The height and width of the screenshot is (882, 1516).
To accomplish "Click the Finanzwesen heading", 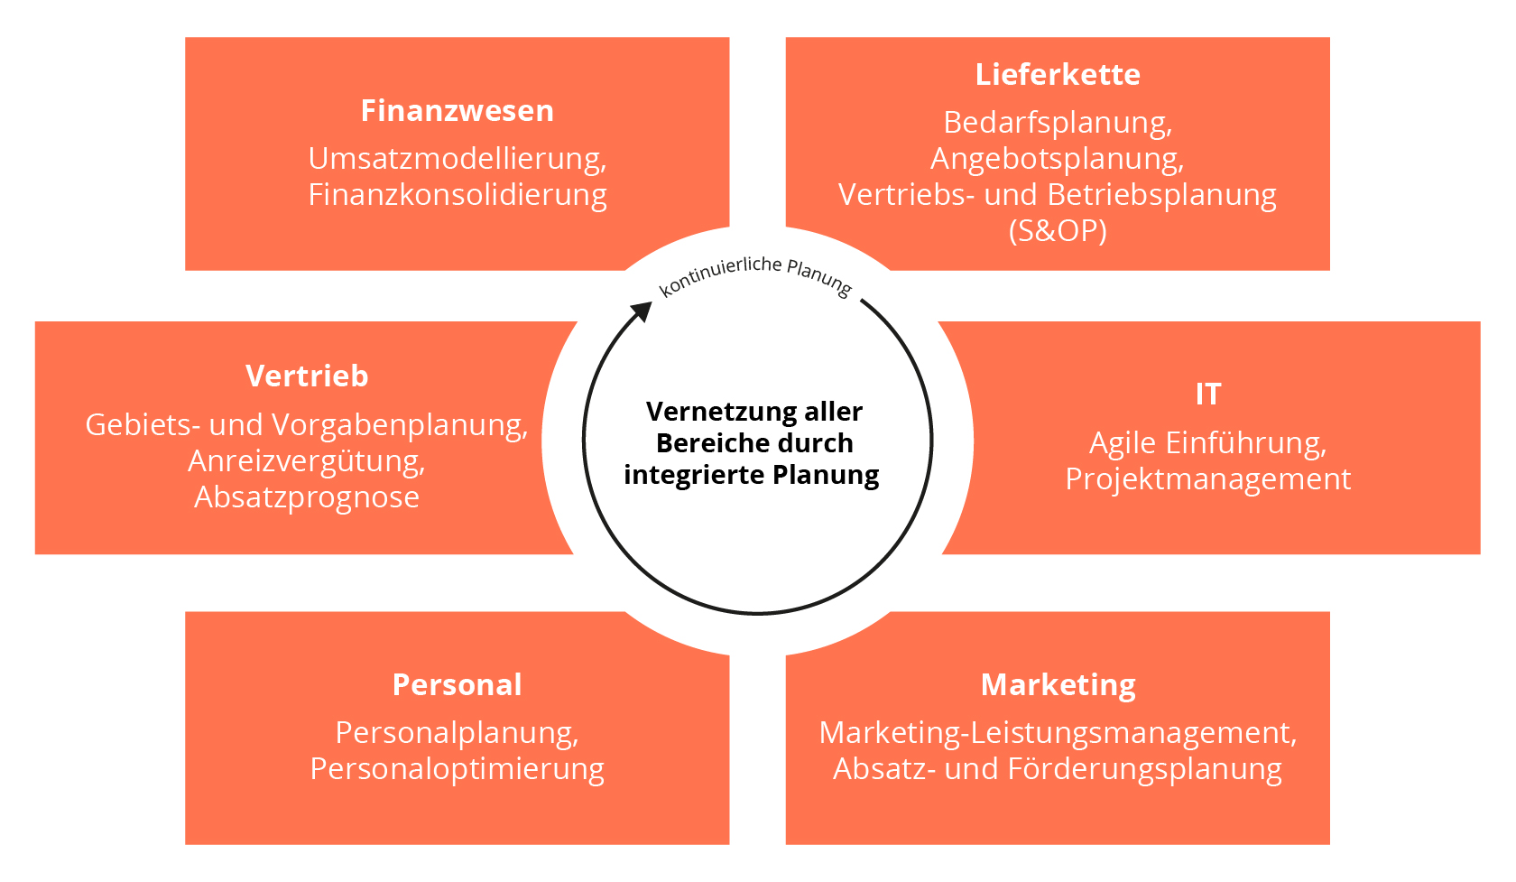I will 457,111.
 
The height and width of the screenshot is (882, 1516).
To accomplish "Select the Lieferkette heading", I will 1058,75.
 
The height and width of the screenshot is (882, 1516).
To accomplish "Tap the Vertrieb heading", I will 307,376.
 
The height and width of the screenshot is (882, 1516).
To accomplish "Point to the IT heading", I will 1208,395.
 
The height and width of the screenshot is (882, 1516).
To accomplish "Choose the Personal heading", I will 457,685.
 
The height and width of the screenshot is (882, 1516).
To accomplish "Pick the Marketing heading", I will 1058,685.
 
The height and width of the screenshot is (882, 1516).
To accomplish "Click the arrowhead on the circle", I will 641,312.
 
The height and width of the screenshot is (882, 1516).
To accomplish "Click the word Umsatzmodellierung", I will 454,159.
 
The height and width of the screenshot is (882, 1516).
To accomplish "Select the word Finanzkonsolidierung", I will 457,195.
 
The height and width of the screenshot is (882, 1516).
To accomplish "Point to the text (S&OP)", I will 1058,231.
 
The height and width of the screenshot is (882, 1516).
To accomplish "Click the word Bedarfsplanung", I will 1055,123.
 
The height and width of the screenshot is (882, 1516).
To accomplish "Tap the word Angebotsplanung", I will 1054,159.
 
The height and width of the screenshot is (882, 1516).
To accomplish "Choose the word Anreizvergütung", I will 304,461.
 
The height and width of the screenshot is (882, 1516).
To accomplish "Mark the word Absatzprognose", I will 307,497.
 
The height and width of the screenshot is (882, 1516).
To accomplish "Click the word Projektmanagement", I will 1208,479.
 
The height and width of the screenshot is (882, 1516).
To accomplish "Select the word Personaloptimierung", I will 457,769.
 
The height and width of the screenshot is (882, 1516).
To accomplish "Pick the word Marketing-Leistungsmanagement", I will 1055,733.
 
